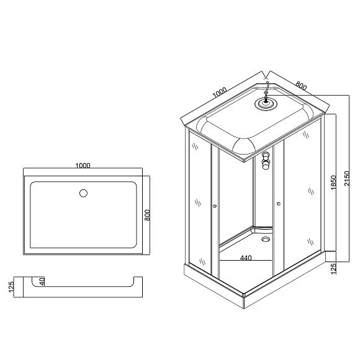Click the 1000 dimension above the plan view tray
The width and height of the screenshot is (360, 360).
[x=83, y=165]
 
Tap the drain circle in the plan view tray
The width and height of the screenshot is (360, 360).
[x=83, y=193]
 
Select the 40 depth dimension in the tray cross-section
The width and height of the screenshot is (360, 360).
[x=42, y=281]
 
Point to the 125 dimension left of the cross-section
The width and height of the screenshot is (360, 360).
[x=11, y=287]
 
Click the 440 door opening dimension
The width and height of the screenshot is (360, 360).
[x=246, y=258]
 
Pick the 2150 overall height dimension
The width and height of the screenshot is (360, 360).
[x=347, y=178]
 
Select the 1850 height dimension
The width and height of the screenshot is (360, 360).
[x=333, y=182]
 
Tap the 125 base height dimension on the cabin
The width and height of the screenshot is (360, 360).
[x=333, y=268]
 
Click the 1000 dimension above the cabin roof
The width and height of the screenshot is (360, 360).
[x=220, y=92]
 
